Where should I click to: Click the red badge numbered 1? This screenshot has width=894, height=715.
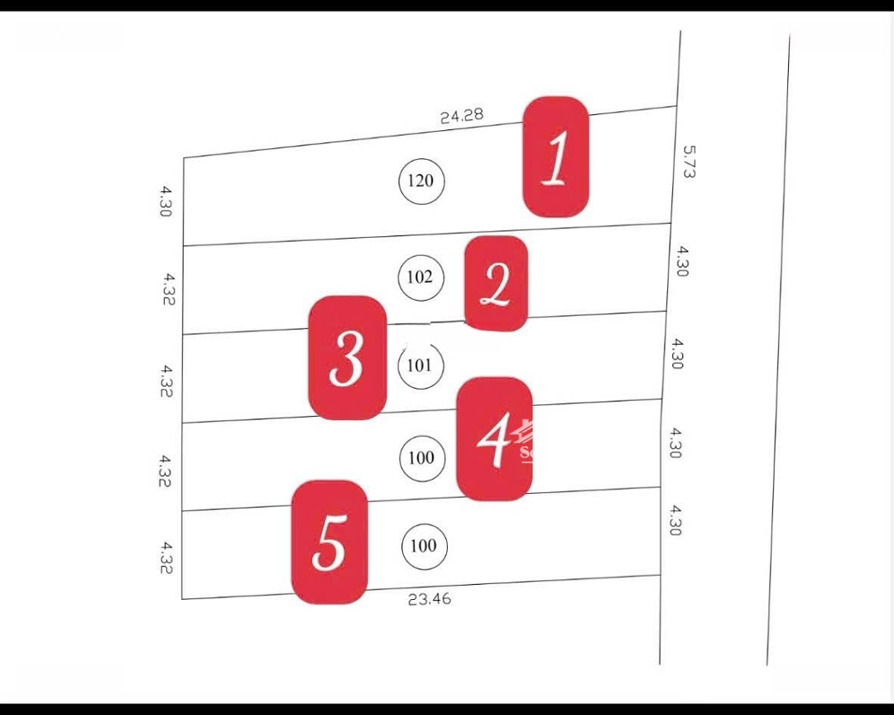click(x=555, y=157)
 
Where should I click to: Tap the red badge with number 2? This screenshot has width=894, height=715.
click(x=495, y=283)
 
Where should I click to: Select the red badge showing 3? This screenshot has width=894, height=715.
click(x=347, y=358)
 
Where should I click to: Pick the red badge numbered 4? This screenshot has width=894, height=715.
click(x=494, y=438)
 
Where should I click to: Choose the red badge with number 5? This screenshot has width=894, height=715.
click(x=329, y=542)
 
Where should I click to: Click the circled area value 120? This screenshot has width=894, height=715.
click(x=422, y=181)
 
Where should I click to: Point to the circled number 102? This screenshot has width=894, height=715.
click(x=421, y=277)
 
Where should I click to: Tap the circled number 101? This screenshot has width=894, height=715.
click(x=421, y=365)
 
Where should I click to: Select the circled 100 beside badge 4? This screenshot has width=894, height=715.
click(x=421, y=457)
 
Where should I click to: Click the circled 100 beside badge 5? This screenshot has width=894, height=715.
click(x=424, y=546)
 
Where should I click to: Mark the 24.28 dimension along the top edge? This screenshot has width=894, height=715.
click(x=461, y=116)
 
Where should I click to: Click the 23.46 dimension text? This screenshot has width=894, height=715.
click(x=430, y=598)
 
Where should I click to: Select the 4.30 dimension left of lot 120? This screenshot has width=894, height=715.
click(x=166, y=201)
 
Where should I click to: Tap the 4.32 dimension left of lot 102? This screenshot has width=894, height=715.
click(x=168, y=289)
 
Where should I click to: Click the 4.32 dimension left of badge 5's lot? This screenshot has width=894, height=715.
click(x=167, y=558)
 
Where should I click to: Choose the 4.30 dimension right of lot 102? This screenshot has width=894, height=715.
click(x=680, y=261)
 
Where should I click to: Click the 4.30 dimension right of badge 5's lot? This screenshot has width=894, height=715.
click(x=675, y=520)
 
